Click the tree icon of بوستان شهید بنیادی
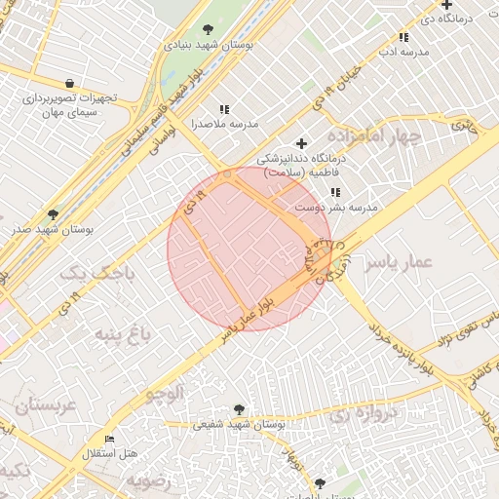pyautogui.click(x=209, y=28)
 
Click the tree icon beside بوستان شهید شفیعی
pyautogui.click(x=240, y=409)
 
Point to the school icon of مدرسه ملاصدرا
pyautogui.click(x=225, y=109)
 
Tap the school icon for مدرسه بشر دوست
pyautogui.click(x=335, y=193)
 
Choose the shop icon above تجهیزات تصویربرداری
pyautogui.click(x=68, y=84)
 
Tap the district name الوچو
pyautogui.click(x=164, y=394)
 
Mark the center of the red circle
pyautogui.click(x=249, y=249)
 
